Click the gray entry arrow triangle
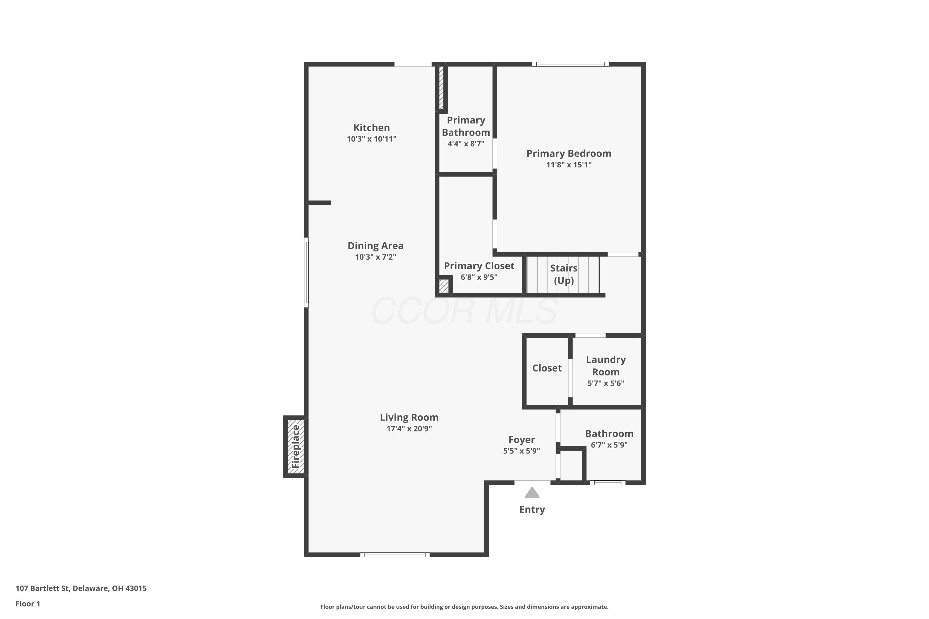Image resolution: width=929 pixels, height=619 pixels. tap(532, 492)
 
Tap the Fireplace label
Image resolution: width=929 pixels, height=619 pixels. tap(296, 447)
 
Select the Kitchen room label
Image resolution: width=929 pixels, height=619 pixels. tap(371, 128)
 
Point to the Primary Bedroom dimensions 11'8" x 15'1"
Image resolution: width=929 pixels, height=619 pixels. tap(569, 165)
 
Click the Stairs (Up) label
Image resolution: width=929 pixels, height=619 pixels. tap(564, 274)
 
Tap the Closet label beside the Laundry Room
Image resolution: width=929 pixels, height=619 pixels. tap(547, 368)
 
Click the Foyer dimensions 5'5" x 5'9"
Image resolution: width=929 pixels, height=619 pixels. tap(521, 451)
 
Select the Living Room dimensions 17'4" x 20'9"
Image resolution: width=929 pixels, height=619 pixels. tap(409, 428)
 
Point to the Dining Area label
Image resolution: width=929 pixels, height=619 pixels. tap(375, 245)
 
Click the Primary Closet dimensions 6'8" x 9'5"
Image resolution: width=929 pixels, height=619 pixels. tap(479, 277)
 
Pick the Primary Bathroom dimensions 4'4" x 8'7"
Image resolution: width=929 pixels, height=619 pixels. tap(466, 143)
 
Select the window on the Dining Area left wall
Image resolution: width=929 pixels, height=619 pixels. tap(306, 272)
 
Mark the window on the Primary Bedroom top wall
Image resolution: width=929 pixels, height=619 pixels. tap(570, 64)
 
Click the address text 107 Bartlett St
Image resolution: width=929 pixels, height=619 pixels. tap(43, 588)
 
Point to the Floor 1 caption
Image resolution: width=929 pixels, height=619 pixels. tap(28, 604)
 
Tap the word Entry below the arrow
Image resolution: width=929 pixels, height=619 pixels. tap(532, 509)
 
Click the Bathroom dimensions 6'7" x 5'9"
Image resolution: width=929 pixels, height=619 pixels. tap(609, 445)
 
